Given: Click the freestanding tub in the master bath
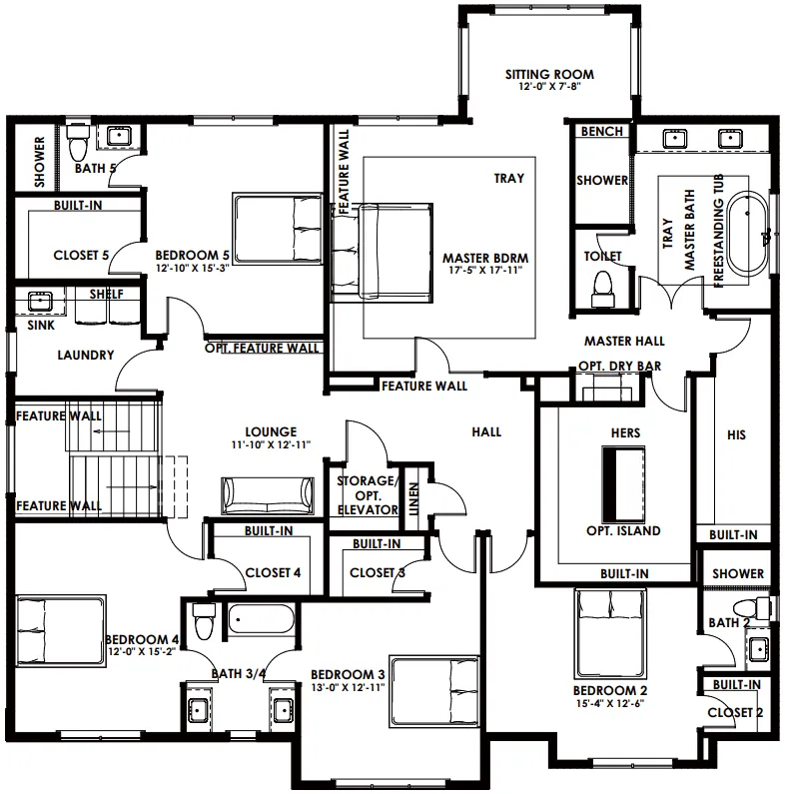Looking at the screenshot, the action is coord(748,233).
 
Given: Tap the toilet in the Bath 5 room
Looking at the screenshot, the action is coord(78,142).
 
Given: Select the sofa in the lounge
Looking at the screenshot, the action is coord(267,495).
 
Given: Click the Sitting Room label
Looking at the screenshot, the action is coord(549,75).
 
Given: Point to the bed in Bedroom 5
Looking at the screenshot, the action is coord(278,228).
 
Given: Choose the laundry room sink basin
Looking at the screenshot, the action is coord(40,302).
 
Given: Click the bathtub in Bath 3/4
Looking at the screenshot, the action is coord(261,618).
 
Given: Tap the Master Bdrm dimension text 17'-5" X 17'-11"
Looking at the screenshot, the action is coord(485,270).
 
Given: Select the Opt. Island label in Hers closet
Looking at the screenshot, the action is coord(623,530).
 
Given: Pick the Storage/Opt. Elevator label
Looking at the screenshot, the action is coord(368,495).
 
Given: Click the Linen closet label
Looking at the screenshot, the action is coord(413,499).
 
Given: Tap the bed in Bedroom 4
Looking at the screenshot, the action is coord(61,630).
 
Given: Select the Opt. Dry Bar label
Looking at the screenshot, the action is coord(620,366).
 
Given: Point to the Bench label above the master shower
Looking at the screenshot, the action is coord(601,131).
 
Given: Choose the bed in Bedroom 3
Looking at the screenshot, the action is coord(434,692).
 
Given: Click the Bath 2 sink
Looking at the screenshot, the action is coord(758,648).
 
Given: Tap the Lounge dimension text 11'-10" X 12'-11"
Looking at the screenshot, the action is coord(271,445).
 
